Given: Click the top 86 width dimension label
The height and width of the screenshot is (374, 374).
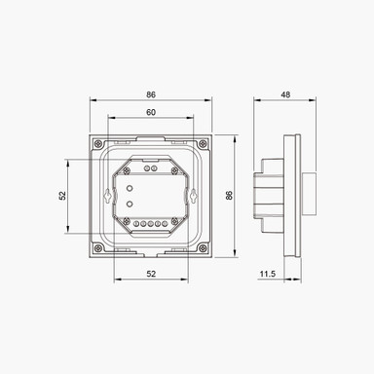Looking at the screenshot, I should tap(151, 95).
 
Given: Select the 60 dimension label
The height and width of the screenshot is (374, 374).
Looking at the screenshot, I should tap(151, 113).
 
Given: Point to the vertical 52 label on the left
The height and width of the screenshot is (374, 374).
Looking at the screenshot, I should tap(62, 195).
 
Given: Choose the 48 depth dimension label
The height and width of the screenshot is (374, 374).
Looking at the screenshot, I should tap(285, 95).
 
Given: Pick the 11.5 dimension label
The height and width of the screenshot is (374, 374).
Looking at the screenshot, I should tap(266, 276).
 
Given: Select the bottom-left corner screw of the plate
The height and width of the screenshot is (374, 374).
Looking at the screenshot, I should tap(97, 247).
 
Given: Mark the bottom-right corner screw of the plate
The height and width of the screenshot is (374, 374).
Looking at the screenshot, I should tap(206, 247).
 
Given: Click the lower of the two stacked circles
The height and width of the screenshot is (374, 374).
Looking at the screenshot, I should tap(131, 204).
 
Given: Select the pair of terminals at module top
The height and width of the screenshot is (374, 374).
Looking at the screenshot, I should tap(151, 167).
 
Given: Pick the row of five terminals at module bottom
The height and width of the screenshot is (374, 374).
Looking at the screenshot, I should tap(151, 223).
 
